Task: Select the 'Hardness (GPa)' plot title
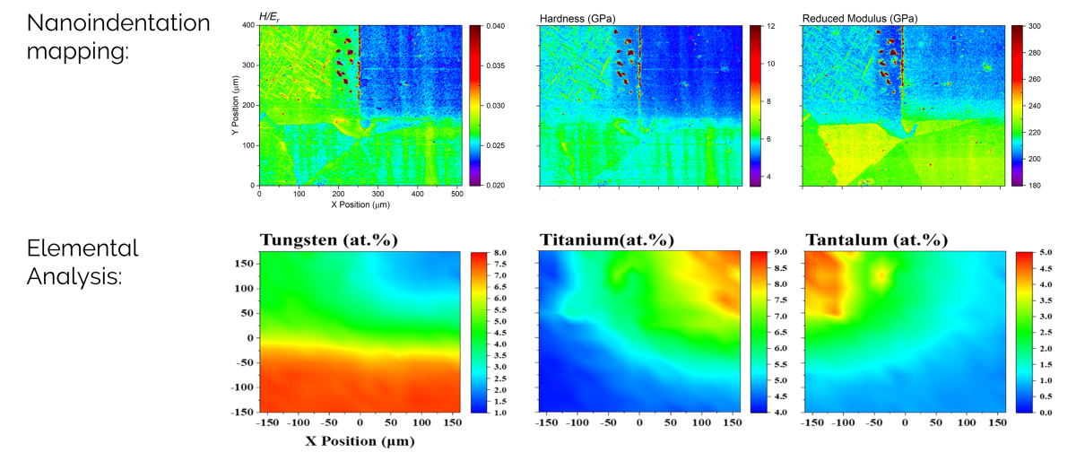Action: pos(577,18)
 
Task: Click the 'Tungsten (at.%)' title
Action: pos(329,239)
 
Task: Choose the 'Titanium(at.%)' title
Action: pos(607,239)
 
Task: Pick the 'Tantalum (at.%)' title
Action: pos(877,239)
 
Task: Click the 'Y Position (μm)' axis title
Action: pos(235,106)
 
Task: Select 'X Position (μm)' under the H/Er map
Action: pos(360,204)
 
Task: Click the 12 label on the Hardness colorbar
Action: pos(769,27)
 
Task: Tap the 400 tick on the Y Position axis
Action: pos(248,26)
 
